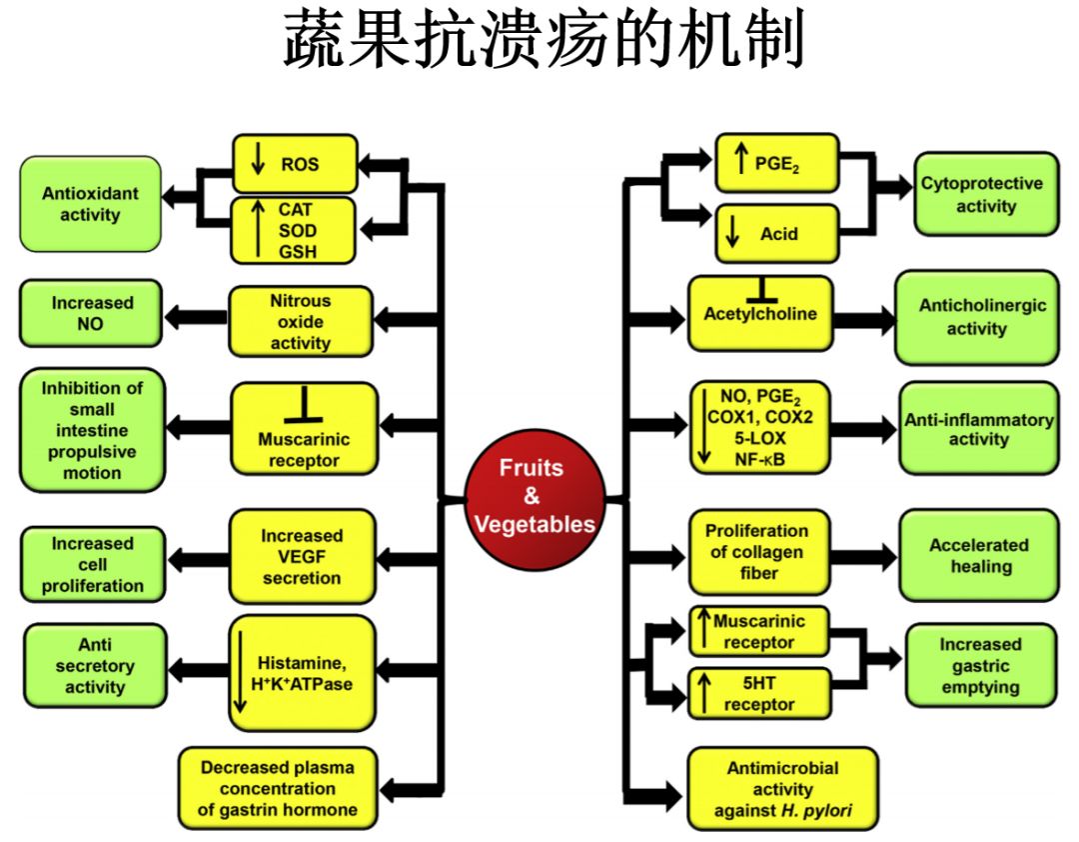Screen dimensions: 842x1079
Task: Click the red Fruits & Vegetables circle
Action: click(x=534, y=497)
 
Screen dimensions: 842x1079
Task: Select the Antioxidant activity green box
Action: click(x=90, y=204)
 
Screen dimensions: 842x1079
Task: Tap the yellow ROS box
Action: click(x=294, y=164)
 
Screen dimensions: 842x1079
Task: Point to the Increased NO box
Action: click(x=91, y=313)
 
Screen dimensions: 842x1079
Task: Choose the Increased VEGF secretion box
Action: click(x=301, y=557)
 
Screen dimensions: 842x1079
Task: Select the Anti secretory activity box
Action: click(x=95, y=666)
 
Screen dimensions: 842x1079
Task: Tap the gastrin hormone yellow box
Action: click(x=278, y=789)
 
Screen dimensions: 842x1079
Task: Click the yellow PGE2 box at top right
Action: click(x=776, y=163)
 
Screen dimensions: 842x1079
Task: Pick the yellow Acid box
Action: click(x=776, y=233)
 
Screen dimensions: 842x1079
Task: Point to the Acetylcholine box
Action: click(x=760, y=313)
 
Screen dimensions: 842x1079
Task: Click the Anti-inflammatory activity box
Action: click(x=978, y=429)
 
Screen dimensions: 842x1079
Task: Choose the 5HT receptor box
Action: click(x=759, y=692)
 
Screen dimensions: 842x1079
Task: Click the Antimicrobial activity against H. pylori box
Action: click(x=782, y=789)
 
